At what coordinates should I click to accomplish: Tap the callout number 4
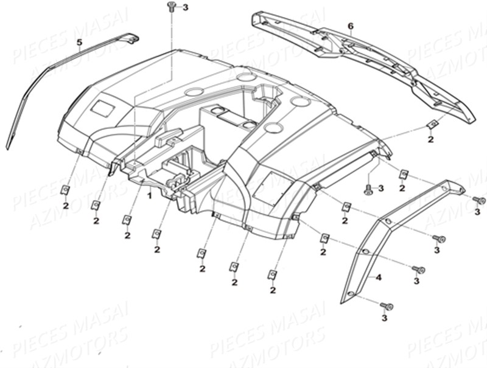click(x=378, y=278)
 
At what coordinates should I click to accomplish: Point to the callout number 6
click(x=350, y=26)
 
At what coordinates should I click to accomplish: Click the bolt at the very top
click(x=171, y=6)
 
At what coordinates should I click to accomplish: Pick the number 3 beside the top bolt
click(x=186, y=7)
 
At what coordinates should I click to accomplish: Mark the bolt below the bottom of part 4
click(x=386, y=306)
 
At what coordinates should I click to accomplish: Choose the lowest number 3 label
click(x=384, y=318)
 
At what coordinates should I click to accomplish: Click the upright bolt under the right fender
click(x=368, y=190)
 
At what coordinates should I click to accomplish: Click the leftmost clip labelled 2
click(x=65, y=190)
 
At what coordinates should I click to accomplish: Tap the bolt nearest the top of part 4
click(x=478, y=200)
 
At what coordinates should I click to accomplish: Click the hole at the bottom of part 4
click(x=351, y=294)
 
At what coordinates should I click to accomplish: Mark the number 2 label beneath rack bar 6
click(x=430, y=139)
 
